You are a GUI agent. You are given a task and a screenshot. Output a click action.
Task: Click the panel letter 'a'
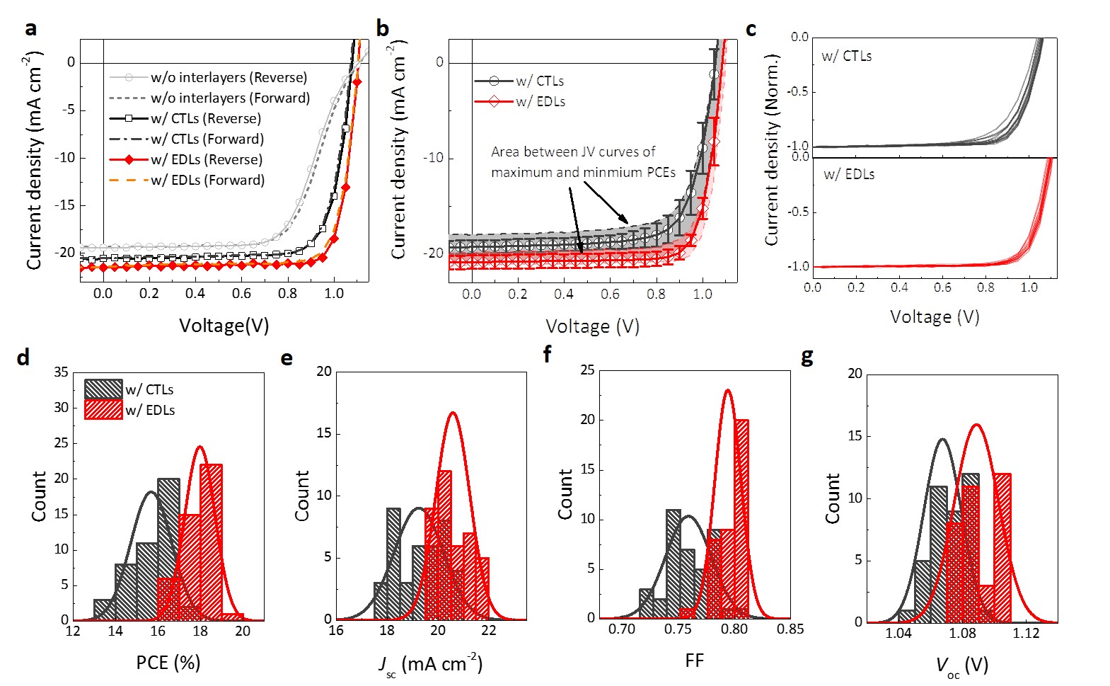[x=30, y=29]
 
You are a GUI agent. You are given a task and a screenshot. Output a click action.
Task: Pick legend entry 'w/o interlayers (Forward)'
[x=230, y=98]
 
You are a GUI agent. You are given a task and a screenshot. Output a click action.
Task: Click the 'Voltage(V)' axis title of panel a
[x=224, y=326]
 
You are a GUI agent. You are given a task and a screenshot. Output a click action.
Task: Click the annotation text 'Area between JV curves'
[x=573, y=152]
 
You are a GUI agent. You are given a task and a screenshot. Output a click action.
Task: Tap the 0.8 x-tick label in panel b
[x=656, y=295]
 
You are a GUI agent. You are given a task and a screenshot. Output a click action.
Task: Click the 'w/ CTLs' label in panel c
[x=846, y=56]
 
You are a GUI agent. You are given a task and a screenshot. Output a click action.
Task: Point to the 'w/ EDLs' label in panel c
[x=848, y=174]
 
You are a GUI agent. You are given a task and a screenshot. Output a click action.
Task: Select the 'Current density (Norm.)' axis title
[x=772, y=150]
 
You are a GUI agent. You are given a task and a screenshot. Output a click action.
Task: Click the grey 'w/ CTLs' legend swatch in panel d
[x=103, y=389]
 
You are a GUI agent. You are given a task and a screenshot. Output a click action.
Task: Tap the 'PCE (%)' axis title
[x=168, y=663]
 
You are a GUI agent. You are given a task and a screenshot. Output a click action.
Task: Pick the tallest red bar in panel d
[x=211, y=542]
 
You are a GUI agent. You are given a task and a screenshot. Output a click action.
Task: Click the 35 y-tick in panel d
[x=61, y=372]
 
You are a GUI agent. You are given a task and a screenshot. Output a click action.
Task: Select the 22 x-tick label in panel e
[x=488, y=631]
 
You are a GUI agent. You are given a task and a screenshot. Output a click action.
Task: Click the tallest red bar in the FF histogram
[x=741, y=518]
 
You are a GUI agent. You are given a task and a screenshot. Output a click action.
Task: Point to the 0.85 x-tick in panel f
[x=790, y=629]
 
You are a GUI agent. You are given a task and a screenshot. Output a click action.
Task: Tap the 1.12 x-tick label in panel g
[x=1026, y=633]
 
